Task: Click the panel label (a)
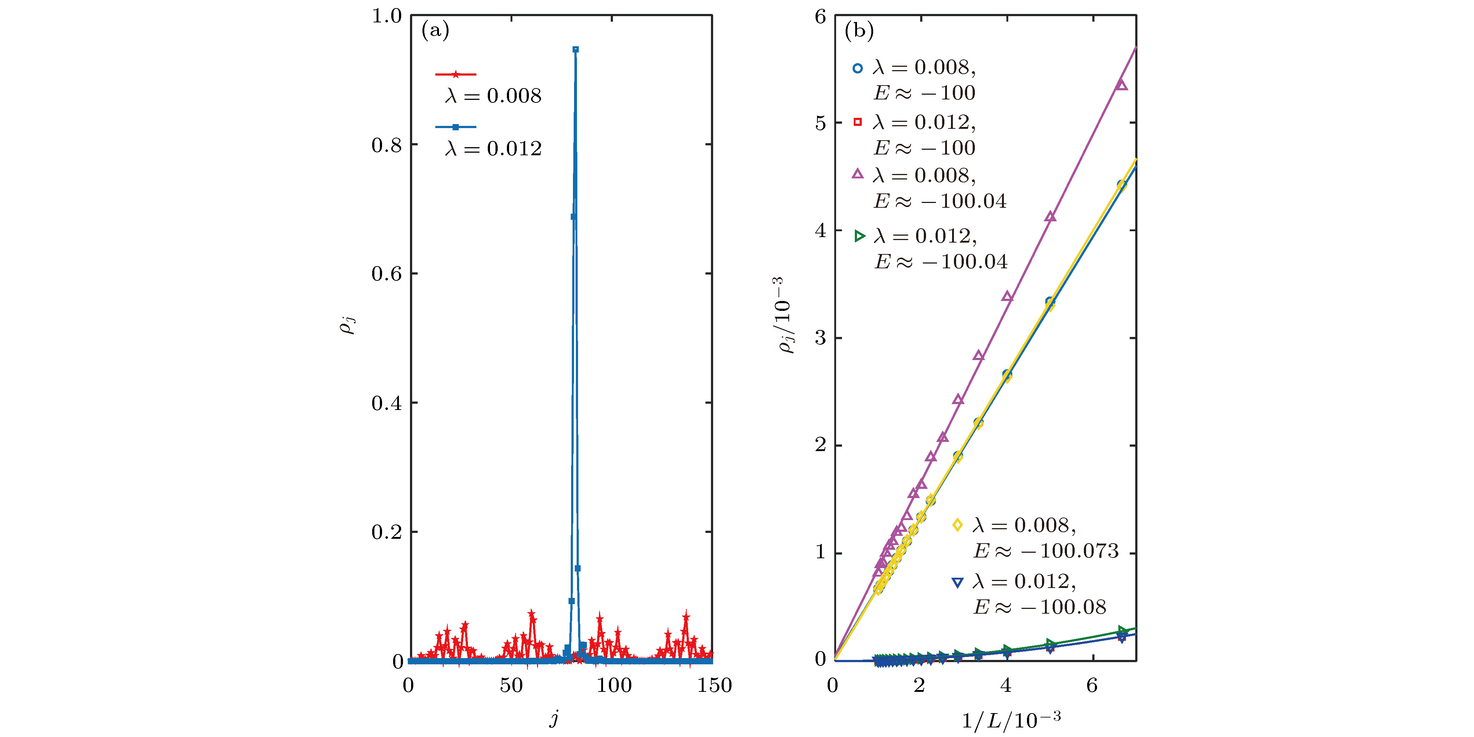[435, 30]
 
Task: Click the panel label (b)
[859, 30]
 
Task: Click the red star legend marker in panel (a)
[455, 75]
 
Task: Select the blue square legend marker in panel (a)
[455, 127]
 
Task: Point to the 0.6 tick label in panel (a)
[387, 273]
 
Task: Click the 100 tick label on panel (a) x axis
[613, 686]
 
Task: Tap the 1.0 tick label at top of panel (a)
[387, 16]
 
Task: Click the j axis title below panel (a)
[554, 718]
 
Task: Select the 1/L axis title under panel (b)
[1011, 720]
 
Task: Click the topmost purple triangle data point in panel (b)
[1122, 85]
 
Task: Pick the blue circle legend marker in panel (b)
[857, 68]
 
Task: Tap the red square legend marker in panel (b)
[857, 122]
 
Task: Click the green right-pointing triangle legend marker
[859, 236]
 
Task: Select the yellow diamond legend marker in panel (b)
[957, 525]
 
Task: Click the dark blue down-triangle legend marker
[957, 582]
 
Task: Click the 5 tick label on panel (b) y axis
[821, 123]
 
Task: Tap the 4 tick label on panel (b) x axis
[1006, 686]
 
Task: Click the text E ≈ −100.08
[1040, 607]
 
